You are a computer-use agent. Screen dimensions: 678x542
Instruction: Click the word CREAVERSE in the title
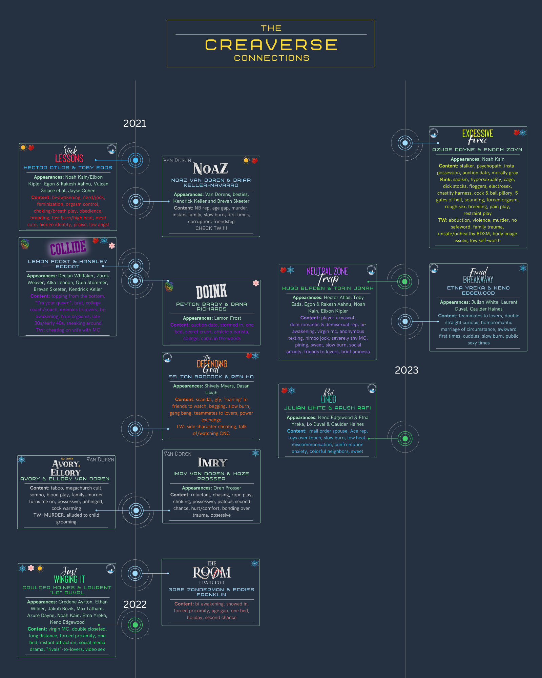(x=271, y=45)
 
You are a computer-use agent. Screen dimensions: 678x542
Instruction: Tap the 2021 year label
(x=135, y=123)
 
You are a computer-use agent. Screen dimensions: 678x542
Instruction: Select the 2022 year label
(x=135, y=604)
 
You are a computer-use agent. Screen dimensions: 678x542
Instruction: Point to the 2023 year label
(x=406, y=370)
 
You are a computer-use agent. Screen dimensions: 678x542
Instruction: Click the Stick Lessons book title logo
(x=69, y=155)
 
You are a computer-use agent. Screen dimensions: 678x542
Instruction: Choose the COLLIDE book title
(x=68, y=248)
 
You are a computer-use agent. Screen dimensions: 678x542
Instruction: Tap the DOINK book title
(x=211, y=292)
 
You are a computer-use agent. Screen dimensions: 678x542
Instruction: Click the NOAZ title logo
(x=210, y=168)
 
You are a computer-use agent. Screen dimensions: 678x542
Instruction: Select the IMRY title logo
(x=212, y=462)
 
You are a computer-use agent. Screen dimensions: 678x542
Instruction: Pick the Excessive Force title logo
(x=478, y=136)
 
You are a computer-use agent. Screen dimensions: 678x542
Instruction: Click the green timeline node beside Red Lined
(x=405, y=439)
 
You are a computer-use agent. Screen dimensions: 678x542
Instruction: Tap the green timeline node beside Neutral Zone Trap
(x=404, y=281)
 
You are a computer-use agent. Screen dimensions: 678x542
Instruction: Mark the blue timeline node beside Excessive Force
(x=405, y=143)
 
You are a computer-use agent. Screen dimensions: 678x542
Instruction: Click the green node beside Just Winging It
(x=135, y=625)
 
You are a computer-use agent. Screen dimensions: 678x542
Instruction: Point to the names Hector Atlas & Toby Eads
(x=68, y=167)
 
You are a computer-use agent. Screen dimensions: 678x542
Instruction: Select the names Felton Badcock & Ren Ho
(x=211, y=377)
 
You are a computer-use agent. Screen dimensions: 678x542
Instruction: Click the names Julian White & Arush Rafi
(x=327, y=408)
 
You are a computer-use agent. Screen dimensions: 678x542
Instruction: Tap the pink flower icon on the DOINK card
(x=256, y=283)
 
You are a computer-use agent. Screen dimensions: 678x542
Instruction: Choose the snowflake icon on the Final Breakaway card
(x=523, y=268)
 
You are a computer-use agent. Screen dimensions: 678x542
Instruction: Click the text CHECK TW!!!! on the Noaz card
(x=211, y=228)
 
